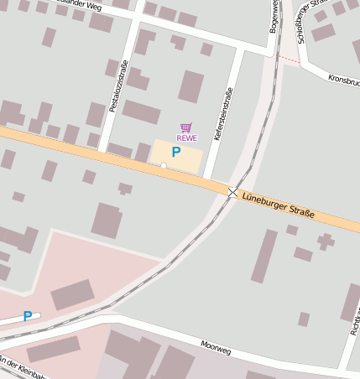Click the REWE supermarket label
[x=186, y=138]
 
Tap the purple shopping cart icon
[x=186, y=127]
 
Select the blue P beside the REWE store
[x=175, y=152]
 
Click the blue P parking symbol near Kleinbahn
[x=28, y=316]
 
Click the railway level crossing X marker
[x=232, y=192]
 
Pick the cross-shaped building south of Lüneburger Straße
[x=325, y=242]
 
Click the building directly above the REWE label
[x=191, y=86]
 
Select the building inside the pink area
[x=73, y=294]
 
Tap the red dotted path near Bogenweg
[x=289, y=59]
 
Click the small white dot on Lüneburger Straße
[x=163, y=165]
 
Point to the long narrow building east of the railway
[x=264, y=256]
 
